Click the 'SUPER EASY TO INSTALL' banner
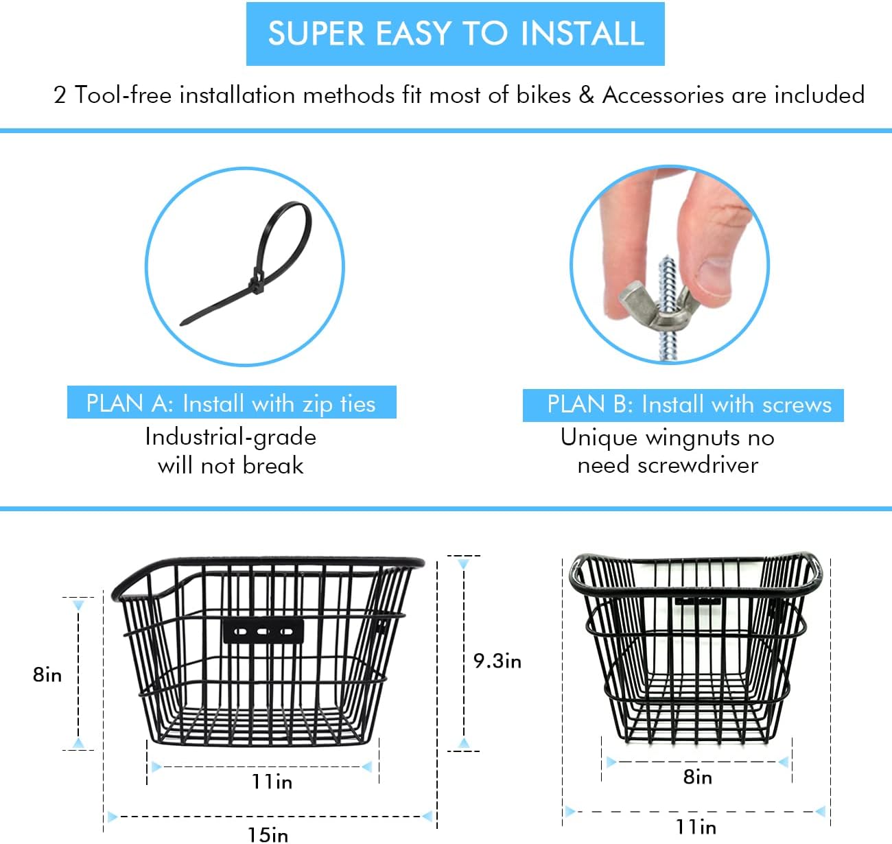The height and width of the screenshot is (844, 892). click(455, 34)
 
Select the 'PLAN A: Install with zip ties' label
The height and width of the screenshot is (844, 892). click(231, 403)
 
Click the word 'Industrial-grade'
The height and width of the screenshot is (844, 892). click(231, 437)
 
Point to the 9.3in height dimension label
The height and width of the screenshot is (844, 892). click(497, 661)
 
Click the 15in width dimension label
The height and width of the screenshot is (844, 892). click(268, 834)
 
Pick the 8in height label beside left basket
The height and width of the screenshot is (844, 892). click(47, 675)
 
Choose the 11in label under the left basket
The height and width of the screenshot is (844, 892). click(272, 781)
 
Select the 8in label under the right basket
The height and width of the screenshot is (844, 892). click(698, 777)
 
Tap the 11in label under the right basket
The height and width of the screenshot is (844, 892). click(696, 826)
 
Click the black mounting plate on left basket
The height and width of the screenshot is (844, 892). click(263, 631)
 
